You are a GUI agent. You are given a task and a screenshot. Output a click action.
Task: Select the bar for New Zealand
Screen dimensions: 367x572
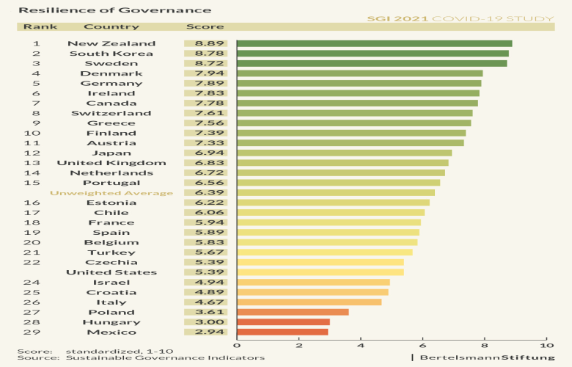coord(374,43)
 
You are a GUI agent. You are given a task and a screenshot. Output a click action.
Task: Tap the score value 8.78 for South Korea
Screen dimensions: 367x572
coord(205,54)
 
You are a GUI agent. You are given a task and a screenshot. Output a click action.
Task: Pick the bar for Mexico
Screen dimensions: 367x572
coord(282,332)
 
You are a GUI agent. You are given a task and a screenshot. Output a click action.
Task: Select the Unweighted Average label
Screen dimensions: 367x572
coord(111,193)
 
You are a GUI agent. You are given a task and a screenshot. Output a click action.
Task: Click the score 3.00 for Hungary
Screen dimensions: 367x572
coord(205,322)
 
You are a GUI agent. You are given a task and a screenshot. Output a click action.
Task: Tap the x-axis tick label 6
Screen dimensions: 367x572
coord(423,345)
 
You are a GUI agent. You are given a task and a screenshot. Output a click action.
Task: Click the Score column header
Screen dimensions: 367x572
coord(199,26)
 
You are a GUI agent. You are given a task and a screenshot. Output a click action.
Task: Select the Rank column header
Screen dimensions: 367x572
coord(36,26)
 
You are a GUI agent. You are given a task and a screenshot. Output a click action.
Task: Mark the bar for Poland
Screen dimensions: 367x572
coord(293,312)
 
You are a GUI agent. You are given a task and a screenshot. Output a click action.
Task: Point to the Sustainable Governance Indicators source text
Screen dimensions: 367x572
coord(165,358)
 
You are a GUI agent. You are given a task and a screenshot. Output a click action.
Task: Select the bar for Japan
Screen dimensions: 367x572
coord(344,153)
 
